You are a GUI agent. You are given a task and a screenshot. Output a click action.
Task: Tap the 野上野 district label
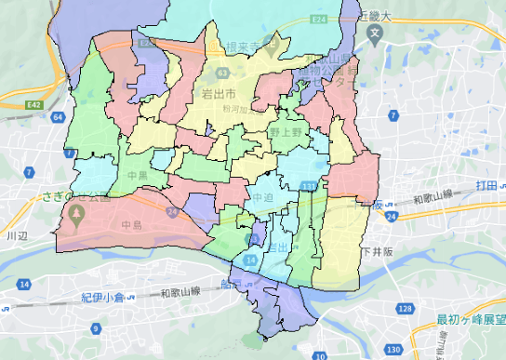coord(286,133)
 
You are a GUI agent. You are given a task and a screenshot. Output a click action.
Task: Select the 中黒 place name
coord(137,174)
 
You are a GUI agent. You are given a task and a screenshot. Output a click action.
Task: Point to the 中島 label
coord(131,224)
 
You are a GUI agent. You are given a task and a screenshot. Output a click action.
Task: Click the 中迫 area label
coord(262,198)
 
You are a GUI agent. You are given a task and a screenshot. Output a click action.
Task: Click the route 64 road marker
coord(59,117)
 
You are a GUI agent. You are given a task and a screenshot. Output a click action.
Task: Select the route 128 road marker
coord(404,307)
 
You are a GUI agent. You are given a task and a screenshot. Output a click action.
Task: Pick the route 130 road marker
coord(393,349)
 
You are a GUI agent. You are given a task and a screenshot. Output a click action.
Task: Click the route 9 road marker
coord(97,327)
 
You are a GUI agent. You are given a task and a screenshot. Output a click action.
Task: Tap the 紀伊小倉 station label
coord(101,298)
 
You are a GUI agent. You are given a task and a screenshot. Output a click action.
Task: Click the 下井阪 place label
coord(379,251)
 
